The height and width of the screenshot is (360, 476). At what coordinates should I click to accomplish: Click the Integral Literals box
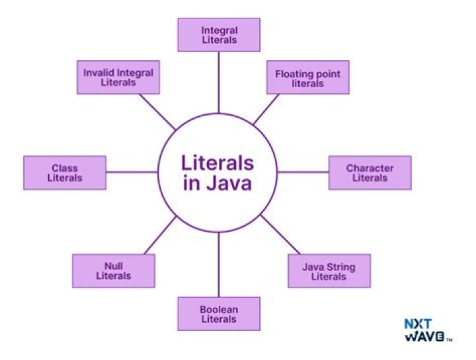click(219, 35)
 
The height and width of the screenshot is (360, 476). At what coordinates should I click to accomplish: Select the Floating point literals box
click(308, 77)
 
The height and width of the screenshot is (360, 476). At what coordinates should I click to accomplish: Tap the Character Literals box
click(370, 173)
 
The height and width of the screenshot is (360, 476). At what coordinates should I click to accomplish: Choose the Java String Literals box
click(329, 271)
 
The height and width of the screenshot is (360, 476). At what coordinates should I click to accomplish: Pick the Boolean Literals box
click(219, 314)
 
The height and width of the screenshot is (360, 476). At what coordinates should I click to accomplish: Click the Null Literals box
click(114, 271)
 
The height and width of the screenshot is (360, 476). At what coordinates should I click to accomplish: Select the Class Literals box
click(65, 173)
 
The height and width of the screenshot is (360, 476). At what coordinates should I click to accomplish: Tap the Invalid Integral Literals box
click(118, 77)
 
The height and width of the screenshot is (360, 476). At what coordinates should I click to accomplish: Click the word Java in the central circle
click(229, 183)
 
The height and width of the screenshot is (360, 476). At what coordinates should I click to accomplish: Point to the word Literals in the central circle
click(218, 162)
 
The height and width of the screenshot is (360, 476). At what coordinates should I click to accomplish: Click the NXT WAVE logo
click(428, 330)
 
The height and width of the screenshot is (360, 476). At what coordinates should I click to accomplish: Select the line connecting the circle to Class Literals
click(132, 172)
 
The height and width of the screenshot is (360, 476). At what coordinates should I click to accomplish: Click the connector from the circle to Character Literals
click(303, 172)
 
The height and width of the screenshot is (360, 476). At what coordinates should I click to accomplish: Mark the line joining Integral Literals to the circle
click(219, 83)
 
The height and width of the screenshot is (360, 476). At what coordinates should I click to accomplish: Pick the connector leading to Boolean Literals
click(219, 265)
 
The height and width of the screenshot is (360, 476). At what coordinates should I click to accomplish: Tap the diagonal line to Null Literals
click(160, 235)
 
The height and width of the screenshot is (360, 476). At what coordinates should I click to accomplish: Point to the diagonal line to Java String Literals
click(280, 234)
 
